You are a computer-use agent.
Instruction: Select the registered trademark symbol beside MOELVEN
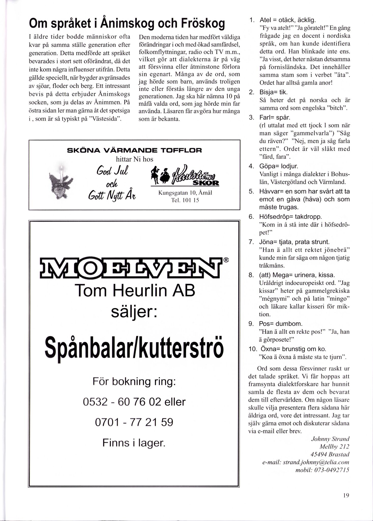(226, 260)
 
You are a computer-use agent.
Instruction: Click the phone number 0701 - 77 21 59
(134, 422)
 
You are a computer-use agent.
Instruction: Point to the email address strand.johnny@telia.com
(306, 462)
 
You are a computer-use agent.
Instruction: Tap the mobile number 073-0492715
(322, 470)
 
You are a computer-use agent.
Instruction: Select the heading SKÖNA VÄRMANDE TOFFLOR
(134, 150)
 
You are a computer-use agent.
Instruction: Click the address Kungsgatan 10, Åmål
(185, 193)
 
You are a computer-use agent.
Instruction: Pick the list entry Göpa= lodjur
(278, 166)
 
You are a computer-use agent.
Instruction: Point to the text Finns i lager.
(134, 443)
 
